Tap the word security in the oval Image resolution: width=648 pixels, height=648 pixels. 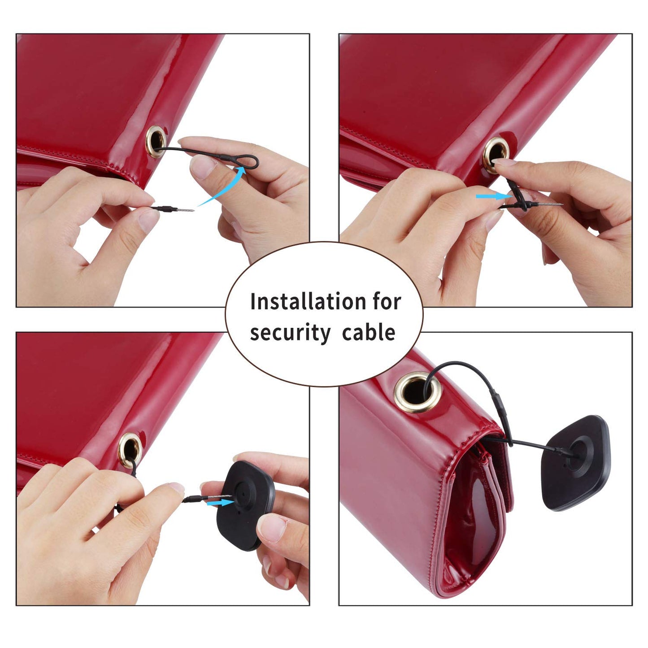[291, 333]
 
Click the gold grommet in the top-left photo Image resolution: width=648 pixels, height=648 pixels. [156, 142]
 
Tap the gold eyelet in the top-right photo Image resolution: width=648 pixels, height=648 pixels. [496, 155]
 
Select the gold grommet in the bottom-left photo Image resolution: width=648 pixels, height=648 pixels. [130, 450]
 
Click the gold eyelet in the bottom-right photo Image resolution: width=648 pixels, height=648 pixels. [418, 392]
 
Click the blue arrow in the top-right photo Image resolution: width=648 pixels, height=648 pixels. [494, 196]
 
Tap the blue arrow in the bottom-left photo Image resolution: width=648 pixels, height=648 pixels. [220, 503]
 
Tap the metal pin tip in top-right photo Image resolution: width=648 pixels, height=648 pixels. [562, 204]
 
